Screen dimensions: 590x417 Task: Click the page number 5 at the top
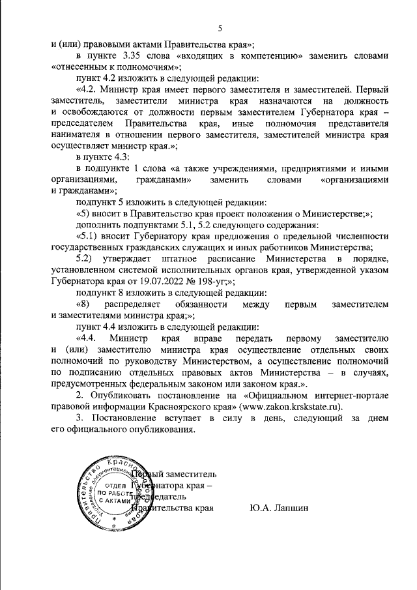click(220, 28)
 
